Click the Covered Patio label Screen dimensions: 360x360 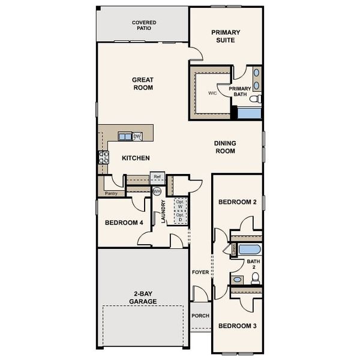tap(143, 25)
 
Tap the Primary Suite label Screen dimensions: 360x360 tap(226, 36)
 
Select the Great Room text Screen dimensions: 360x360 tap(143, 83)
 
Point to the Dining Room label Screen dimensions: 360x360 tap(225, 147)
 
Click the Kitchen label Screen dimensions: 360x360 tap(136, 158)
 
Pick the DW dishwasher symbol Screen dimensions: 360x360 tap(137, 137)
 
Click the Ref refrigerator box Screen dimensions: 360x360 tap(157, 177)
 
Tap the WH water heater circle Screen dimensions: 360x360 tap(157, 191)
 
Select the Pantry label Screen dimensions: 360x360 tap(111, 194)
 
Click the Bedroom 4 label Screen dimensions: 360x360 tap(124, 223)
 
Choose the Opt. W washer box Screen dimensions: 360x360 tap(180, 205)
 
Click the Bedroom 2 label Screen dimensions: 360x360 tap(237, 202)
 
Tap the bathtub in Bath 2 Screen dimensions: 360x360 tap(249, 250)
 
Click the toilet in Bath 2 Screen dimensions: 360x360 tap(256, 278)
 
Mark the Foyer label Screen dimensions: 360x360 tap(200, 272)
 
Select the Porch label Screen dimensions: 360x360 tap(200, 316)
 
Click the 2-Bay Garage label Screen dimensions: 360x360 tap(143, 298)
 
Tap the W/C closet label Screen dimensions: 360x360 tap(212, 94)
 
